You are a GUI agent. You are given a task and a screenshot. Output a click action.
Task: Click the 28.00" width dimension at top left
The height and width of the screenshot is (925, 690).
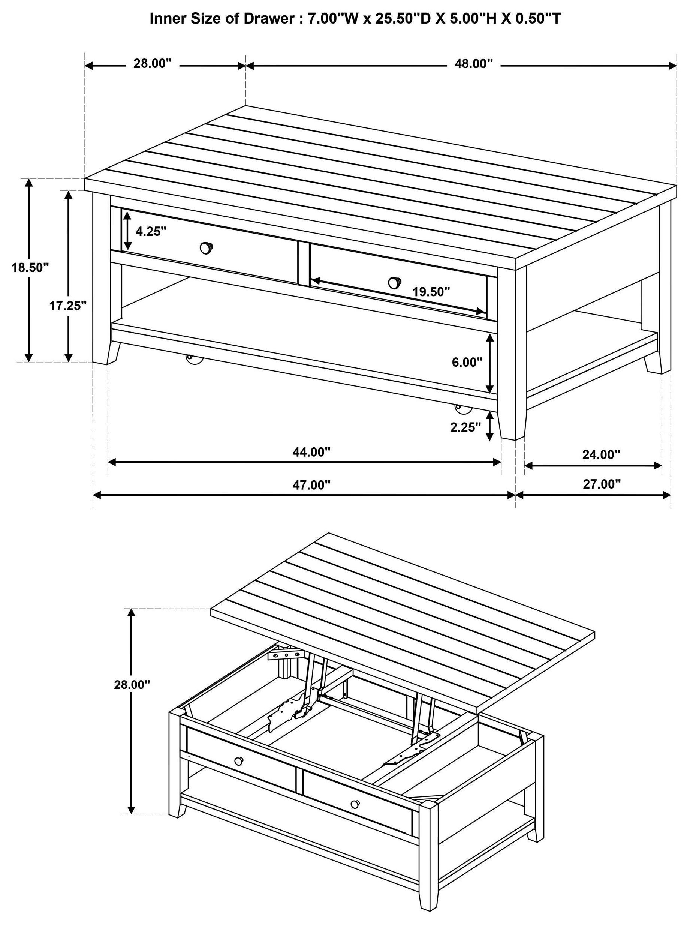tap(153, 63)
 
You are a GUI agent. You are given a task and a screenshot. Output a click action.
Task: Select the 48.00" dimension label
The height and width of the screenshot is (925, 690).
tap(473, 64)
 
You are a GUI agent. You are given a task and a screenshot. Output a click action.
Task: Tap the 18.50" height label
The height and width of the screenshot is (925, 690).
tap(30, 267)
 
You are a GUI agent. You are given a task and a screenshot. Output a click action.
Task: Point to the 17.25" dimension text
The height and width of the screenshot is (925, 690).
tap(68, 306)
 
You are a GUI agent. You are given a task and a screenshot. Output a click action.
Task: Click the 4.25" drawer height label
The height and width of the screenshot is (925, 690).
tap(151, 231)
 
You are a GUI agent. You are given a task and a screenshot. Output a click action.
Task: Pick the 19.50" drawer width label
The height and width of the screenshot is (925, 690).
tap(431, 292)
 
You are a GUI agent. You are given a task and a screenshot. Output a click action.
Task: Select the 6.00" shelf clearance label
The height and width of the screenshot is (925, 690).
tap(467, 362)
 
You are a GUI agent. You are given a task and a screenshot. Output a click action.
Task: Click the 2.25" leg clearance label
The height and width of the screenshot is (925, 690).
tap(466, 427)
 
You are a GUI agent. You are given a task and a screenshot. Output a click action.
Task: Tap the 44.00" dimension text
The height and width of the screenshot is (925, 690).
tap(311, 452)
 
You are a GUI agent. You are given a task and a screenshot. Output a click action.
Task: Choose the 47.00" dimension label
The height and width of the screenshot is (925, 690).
tap(311, 485)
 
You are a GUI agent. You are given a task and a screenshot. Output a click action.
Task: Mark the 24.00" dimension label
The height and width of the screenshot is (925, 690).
tap(602, 454)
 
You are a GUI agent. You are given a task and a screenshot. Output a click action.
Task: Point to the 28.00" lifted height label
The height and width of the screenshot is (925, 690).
tap(132, 684)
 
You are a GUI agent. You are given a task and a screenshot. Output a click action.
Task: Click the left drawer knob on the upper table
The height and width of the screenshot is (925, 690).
tap(206, 248)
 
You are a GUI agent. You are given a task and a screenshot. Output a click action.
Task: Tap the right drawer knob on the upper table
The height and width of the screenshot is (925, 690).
tap(394, 282)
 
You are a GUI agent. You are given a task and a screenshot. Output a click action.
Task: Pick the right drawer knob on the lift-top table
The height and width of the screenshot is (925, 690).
tap(355, 804)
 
